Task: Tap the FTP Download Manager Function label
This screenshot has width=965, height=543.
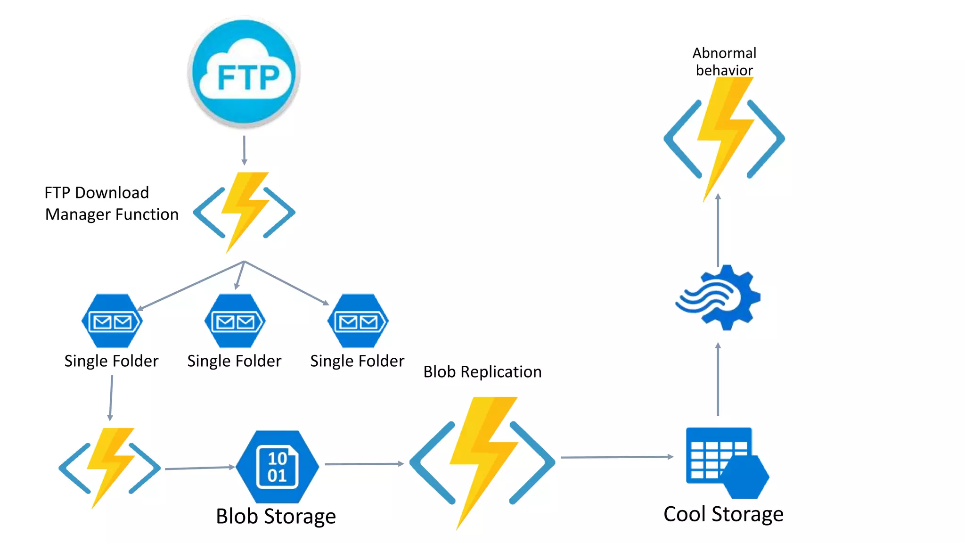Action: pyautogui.click(x=111, y=203)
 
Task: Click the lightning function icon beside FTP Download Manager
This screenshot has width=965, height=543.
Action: pyautogui.click(x=244, y=212)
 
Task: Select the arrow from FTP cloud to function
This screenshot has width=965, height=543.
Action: pyautogui.click(x=244, y=150)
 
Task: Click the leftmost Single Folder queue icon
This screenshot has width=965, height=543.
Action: pyautogui.click(x=112, y=321)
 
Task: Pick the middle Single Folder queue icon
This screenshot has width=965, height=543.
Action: pyautogui.click(x=235, y=321)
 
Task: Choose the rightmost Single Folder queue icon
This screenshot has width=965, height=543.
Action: pyautogui.click(x=358, y=321)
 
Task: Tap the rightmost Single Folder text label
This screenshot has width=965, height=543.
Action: pyautogui.click(x=357, y=361)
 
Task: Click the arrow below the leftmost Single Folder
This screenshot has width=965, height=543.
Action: pyautogui.click(x=111, y=397)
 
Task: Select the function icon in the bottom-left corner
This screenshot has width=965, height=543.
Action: pyautogui.click(x=110, y=468)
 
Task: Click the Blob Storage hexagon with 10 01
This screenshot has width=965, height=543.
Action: pyautogui.click(x=277, y=467)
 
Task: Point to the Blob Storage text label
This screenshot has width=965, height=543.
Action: pyautogui.click(x=276, y=516)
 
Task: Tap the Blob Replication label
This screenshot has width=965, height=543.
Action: pyautogui.click(x=482, y=372)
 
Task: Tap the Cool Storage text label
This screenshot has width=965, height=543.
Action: pyautogui.click(x=723, y=514)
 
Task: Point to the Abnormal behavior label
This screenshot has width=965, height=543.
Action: pyautogui.click(x=724, y=61)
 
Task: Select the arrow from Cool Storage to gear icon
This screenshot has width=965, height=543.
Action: pyautogui.click(x=718, y=379)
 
